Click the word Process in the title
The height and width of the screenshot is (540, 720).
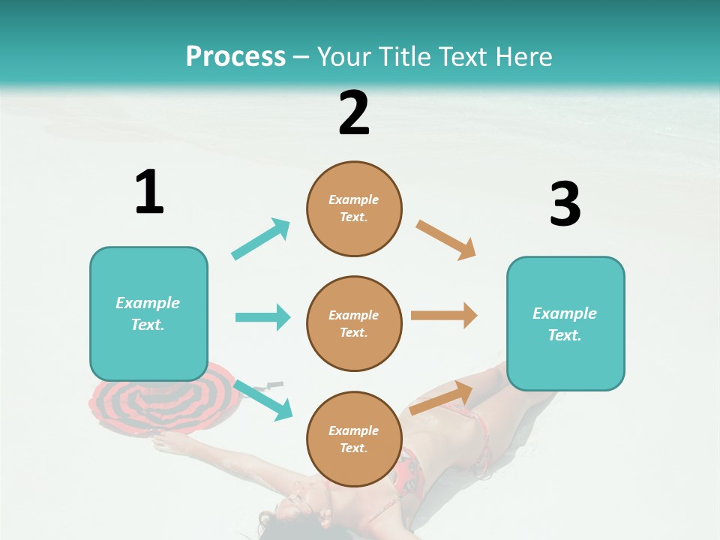[x=235, y=57]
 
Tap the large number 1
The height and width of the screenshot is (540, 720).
[x=149, y=192]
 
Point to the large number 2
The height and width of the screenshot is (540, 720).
[x=354, y=113]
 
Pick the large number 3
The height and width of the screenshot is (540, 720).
[x=565, y=205]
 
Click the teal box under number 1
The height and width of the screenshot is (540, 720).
[x=148, y=313]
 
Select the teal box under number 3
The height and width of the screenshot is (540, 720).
[x=565, y=323]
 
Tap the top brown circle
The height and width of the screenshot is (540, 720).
[x=354, y=208]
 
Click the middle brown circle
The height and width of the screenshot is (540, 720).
[x=354, y=323]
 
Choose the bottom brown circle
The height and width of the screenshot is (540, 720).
[x=354, y=439]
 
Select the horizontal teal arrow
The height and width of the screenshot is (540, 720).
[x=262, y=317]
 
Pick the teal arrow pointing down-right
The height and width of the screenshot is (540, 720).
[x=263, y=400]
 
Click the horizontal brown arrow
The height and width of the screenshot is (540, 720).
[x=444, y=316]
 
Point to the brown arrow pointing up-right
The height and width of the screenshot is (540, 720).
[x=441, y=398]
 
